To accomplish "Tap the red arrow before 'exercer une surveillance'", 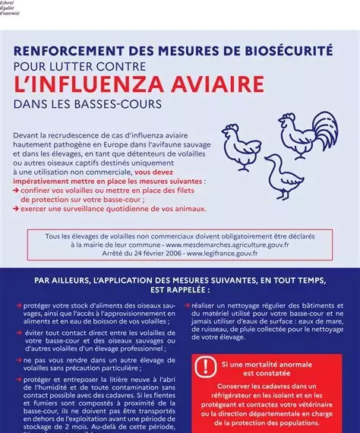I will point(17,207).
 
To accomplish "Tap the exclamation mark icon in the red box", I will point(204,368).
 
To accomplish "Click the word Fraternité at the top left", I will point(11,12).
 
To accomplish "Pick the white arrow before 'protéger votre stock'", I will point(17,305).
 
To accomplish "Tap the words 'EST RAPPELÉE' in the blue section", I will point(179,289).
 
